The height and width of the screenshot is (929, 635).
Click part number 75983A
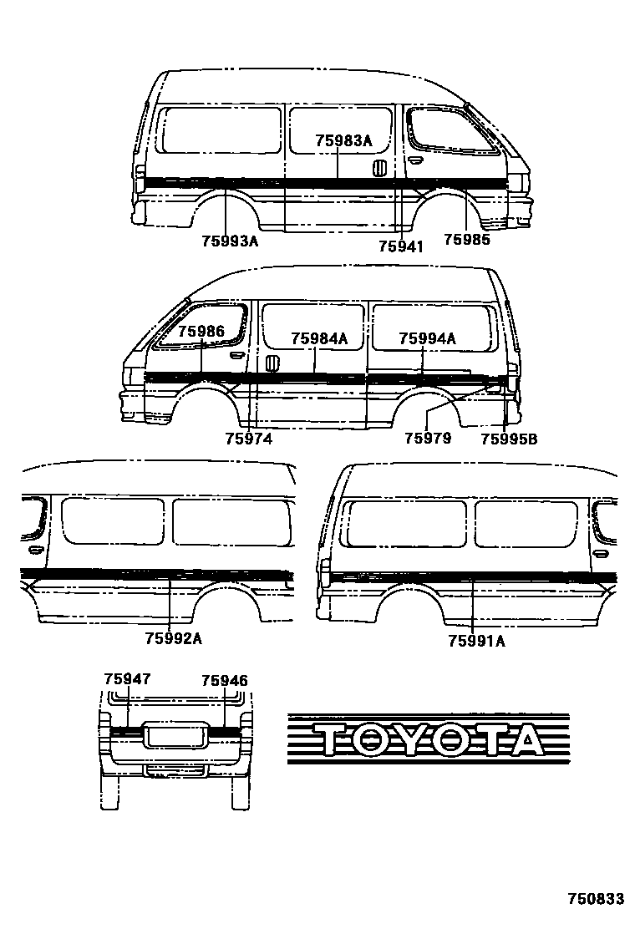343,140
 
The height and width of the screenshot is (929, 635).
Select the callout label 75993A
230,242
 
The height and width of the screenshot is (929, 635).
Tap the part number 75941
400,246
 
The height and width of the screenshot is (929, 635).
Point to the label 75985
466,240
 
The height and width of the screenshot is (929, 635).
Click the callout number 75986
201,332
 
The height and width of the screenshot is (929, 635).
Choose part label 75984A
319,338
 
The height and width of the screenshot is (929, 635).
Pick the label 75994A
427,338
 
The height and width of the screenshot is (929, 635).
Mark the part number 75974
248,437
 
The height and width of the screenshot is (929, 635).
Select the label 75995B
509,437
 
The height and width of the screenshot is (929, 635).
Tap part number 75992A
174,639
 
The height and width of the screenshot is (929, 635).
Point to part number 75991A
476,641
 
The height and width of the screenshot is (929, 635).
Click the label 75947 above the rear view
127,679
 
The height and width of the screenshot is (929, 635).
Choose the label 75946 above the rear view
225,681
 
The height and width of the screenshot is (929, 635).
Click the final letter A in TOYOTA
521,740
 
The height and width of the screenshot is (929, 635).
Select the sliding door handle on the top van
378,167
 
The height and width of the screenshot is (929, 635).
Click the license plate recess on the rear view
175,735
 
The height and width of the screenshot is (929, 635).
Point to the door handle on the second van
272,364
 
